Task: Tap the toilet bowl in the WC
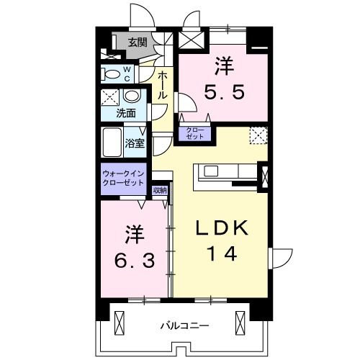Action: [x=112, y=73]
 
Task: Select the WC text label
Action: [x=127, y=74]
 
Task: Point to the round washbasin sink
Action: [x=132, y=97]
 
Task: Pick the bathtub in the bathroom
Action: [x=112, y=143]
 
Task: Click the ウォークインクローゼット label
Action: [x=123, y=178]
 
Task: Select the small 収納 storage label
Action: [x=160, y=190]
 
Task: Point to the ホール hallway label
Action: [x=163, y=85]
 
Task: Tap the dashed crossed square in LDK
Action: [x=258, y=135]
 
